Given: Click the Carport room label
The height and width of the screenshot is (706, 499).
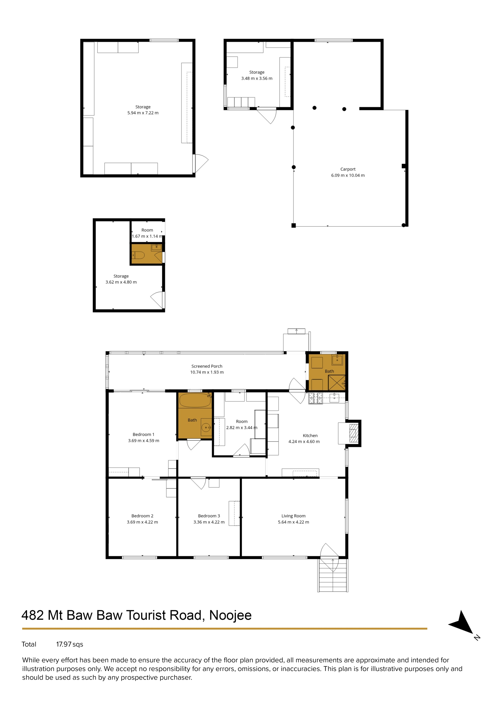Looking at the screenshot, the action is pyautogui.click(x=348, y=169).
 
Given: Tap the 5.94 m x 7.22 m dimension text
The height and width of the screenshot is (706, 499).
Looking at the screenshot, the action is pyautogui.click(x=143, y=113).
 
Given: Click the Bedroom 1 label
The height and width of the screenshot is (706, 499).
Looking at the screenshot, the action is pyautogui.click(x=143, y=434).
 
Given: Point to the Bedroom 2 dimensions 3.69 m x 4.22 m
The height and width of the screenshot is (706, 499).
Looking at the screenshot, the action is pyautogui.click(x=142, y=522).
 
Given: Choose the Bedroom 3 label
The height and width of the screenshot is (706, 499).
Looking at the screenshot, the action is pyautogui.click(x=209, y=516).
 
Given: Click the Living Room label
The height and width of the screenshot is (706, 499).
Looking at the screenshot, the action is pyautogui.click(x=293, y=516).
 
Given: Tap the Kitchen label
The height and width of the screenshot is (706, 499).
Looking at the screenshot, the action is pyautogui.click(x=310, y=436).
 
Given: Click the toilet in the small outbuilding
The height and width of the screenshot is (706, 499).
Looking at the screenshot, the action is pyautogui.click(x=138, y=255).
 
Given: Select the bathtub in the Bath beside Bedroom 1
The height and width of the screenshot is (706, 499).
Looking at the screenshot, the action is pyautogui.click(x=195, y=400).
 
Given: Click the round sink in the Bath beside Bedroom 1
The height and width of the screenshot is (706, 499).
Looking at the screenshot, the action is pyautogui.click(x=206, y=427).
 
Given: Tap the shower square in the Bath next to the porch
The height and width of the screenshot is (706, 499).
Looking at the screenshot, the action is pyautogui.click(x=337, y=383).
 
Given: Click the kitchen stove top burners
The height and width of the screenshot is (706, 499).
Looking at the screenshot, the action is pyautogui.click(x=315, y=399).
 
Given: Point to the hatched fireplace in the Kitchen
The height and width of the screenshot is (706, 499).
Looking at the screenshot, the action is pyautogui.click(x=354, y=433).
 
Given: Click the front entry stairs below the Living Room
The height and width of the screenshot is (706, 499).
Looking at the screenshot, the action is pyautogui.click(x=333, y=575).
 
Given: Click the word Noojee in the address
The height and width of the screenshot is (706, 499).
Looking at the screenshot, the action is pyautogui.click(x=230, y=616).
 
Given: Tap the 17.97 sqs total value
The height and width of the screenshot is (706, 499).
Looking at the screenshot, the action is pyautogui.click(x=69, y=644).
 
